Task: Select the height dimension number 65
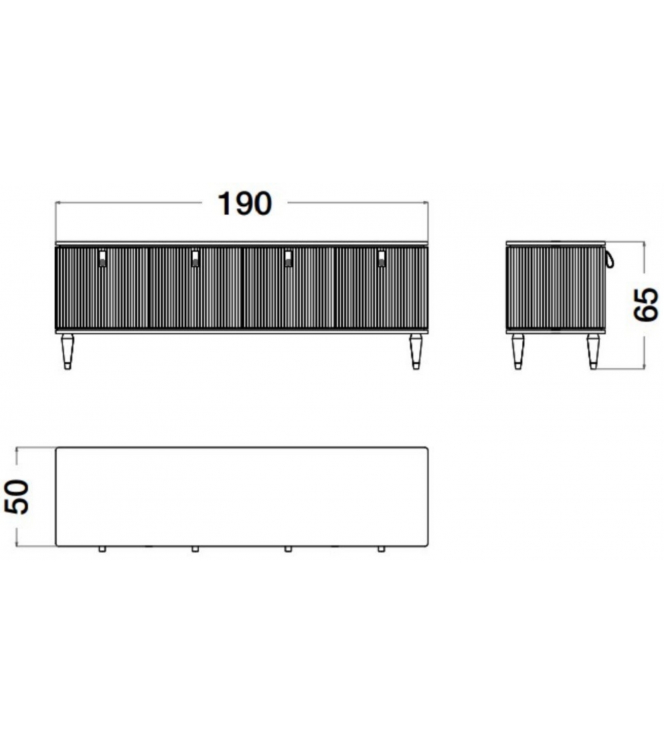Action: [x=647, y=304]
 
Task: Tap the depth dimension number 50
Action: [x=17, y=496]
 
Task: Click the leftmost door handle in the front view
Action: [x=102, y=259]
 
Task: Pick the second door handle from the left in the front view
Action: [x=195, y=259]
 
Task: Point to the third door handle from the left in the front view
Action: [x=288, y=259]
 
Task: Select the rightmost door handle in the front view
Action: [x=381, y=259]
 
